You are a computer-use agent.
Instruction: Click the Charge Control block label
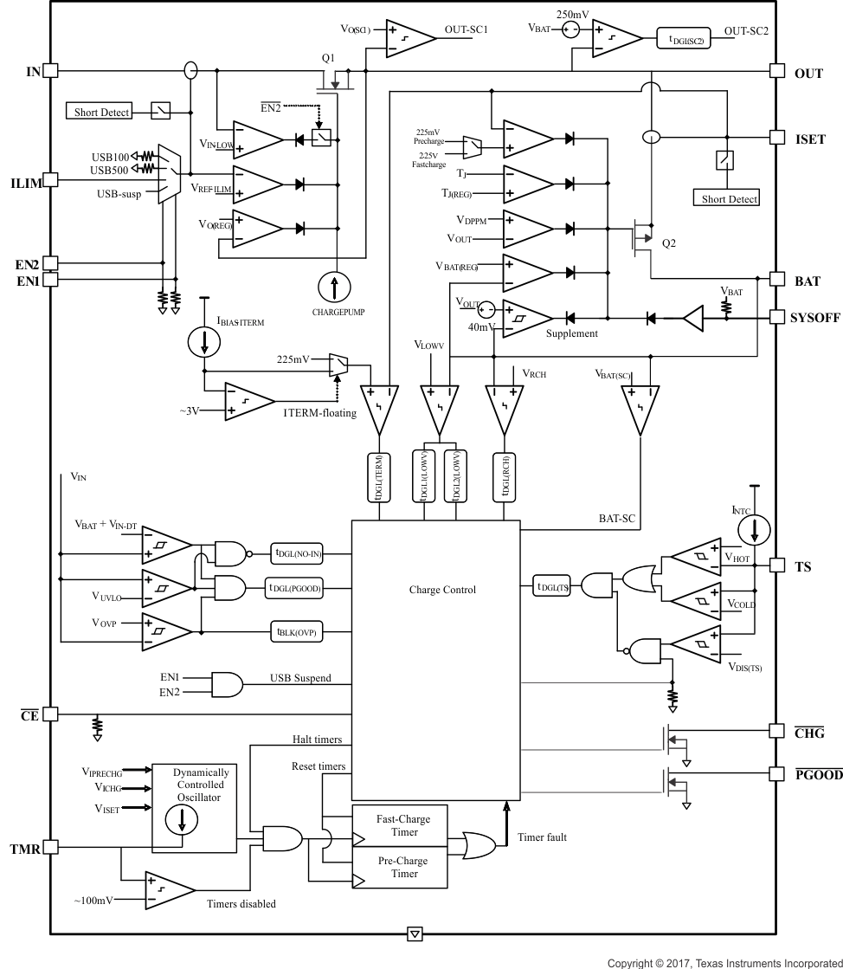pyautogui.click(x=442, y=590)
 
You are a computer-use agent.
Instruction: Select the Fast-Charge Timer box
pyautogui.click(x=402, y=825)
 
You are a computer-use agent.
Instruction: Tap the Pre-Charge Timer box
pyautogui.click(x=402, y=868)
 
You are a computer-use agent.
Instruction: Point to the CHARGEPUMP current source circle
pyautogui.click(x=334, y=286)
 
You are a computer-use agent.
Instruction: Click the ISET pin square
pyautogui.click(x=776, y=138)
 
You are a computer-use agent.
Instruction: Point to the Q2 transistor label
pyautogui.click(x=668, y=243)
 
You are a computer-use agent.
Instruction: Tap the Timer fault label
pyautogui.click(x=542, y=837)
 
